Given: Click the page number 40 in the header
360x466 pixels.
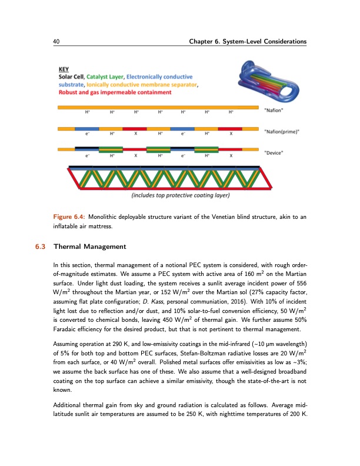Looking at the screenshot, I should [x=56, y=41].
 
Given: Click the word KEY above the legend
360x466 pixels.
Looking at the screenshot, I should [x=64, y=68].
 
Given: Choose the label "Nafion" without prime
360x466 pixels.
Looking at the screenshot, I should [x=275, y=110].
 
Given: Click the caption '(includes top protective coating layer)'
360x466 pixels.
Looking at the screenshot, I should [x=180, y=195].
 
